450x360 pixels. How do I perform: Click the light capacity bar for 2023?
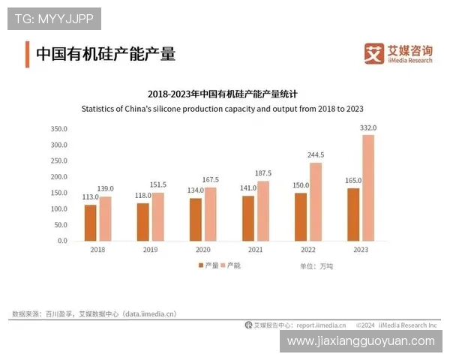[367, 188]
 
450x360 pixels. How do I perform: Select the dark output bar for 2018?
[90, 223]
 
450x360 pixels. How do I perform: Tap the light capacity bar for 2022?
[315, 202]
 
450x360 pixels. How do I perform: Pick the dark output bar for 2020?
[195, 220]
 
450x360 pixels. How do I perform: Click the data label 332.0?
[368, 128]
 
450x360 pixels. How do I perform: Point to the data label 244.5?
[316, 156]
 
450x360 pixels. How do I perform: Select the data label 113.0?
[89, 197]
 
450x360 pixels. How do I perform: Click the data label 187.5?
[263, 173]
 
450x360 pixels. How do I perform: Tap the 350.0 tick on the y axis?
[58, 129]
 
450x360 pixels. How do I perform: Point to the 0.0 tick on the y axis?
[62, 241]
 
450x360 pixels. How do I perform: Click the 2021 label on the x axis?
[255, 250]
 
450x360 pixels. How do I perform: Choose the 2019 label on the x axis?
[151, 250]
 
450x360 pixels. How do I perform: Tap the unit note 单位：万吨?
[316, 266]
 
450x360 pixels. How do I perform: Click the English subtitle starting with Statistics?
[222, 108]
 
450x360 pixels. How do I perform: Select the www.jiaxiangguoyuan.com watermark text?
[361, 341]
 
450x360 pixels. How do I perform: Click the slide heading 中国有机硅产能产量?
[106, 54]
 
